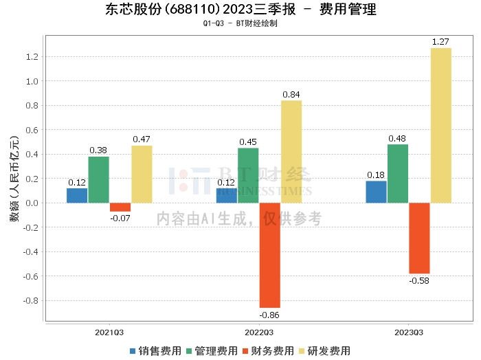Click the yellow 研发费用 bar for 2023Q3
[x=440, y=125]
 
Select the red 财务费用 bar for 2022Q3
[x=270, y=255]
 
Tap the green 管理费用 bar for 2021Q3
[x=98, y=179]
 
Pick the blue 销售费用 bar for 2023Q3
[x=376, y=192]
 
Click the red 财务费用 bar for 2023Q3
[x=419, y=238]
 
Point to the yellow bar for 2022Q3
[x=291, y=151]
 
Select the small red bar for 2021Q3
[x=120, y=207]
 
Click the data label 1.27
[x=440, y=43]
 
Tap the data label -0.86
[x=270, y=315]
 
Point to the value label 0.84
[x=291, y=95]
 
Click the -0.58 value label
[x=419, y=280]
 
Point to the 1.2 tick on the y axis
[x=30, y=56]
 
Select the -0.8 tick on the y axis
[x=29, y=300]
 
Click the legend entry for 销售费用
[x=156, y=350]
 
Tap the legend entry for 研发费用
[x=325, y=350]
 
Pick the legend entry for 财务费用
[x=269, y=350]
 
